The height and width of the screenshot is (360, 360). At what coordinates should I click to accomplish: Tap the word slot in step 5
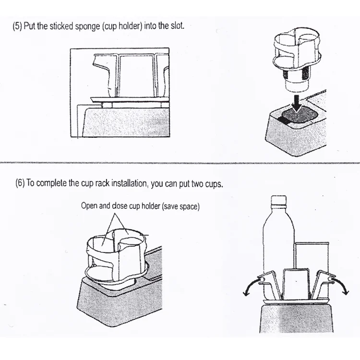[177, 25]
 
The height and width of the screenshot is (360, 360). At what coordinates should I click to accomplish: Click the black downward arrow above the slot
[297, 104]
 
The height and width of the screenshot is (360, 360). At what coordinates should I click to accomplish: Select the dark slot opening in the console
[298, 117]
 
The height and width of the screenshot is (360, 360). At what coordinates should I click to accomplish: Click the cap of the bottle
[279, 200]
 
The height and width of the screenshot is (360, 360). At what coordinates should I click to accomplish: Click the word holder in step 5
[130, 26]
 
